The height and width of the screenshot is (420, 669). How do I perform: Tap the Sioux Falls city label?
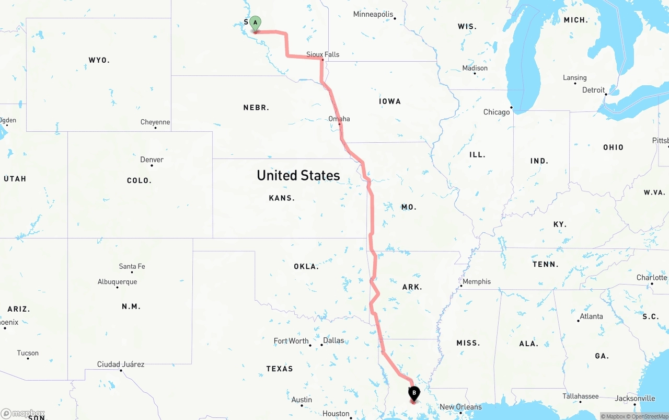322,54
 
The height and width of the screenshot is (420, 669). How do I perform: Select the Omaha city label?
339,119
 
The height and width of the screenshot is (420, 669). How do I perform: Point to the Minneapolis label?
373,14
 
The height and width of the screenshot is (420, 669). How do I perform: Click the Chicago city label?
497,112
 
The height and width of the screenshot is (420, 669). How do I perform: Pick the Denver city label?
152,160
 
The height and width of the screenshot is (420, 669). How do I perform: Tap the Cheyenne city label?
155,122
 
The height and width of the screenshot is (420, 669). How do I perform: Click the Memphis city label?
477,281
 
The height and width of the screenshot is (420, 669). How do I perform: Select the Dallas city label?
333,340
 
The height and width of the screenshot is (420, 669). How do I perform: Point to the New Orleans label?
460,407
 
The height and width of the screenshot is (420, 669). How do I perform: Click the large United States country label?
298,175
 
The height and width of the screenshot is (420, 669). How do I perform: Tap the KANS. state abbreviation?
282,198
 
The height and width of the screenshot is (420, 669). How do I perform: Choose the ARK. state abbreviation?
412,287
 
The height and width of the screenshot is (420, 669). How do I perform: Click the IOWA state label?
390,101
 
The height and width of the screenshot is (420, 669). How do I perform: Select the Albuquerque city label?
117,281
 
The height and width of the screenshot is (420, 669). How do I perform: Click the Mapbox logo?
23,414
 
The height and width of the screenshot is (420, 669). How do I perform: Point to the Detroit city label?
593,90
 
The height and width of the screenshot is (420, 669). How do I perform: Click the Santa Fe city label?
132,266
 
